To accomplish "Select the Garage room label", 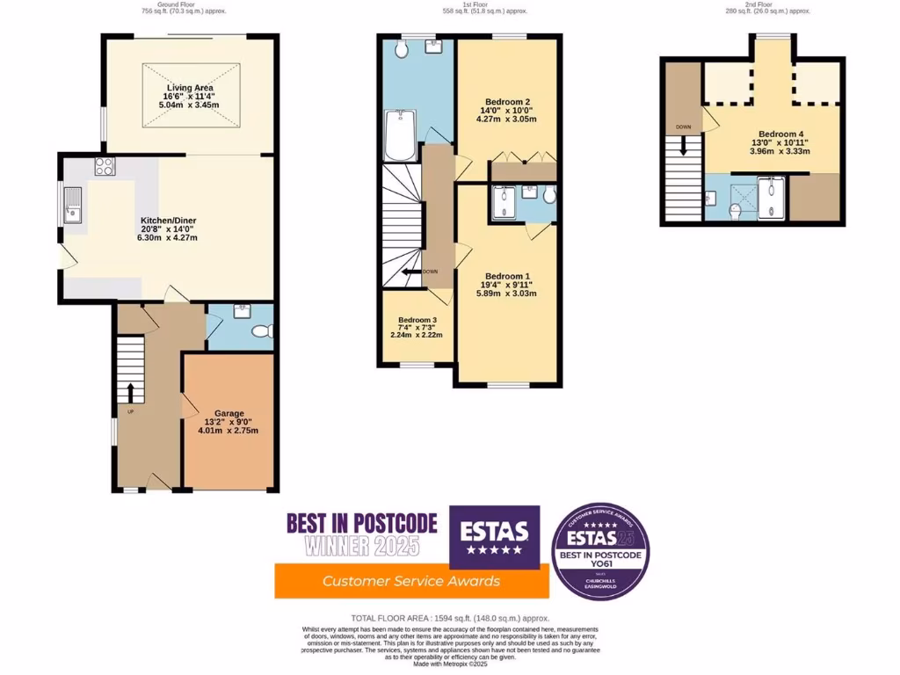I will click(x=229, y=413).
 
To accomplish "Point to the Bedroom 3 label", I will click(x=417, y=319).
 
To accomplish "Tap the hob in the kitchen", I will click(x=105, y=166).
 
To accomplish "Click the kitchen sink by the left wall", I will click(x=71, y=211).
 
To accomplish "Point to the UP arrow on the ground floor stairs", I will click(x=131, y=391).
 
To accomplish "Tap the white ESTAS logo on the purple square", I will click(x=495, y=531).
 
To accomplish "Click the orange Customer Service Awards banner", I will click(x=411, y=580).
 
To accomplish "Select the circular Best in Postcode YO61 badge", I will click(x=601, y=551).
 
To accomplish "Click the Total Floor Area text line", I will click(x=449, y=618).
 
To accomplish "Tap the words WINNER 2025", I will click(x=362, y=546).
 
